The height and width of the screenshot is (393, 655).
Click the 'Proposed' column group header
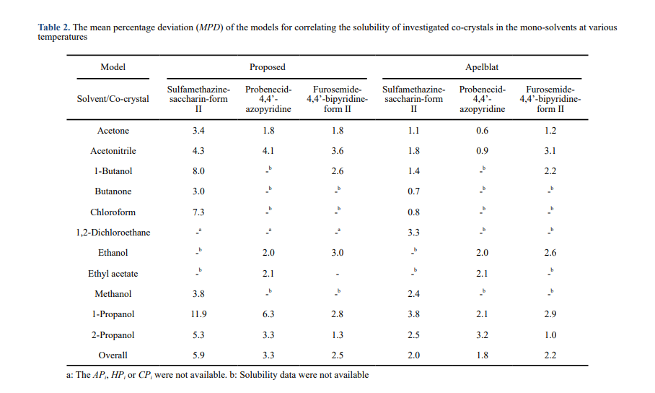(x=267, y=67)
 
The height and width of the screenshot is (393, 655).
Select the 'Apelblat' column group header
(x=482, y=67)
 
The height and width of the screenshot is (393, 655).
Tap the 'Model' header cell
(x=113, y=67)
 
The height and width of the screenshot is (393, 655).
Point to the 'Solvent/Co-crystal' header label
(x=113, y=99)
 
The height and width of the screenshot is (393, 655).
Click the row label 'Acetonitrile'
(x=113, y=151)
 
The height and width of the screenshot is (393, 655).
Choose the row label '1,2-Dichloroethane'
(x=113, y=233)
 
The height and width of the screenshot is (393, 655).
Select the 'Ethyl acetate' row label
(x=113, y=274)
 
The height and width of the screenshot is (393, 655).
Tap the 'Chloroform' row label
(x=113, y=212)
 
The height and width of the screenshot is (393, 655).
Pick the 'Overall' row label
(x=113, y=355)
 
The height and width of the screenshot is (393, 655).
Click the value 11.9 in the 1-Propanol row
(x=198, y=315)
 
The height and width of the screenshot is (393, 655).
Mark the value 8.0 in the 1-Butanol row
(x=198, y=171)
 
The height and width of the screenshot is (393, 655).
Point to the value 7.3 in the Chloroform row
(x=198, y=212)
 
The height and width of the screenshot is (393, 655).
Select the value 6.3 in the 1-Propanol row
(x=268, y=315)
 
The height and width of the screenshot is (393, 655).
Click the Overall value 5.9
(x=198, y=355)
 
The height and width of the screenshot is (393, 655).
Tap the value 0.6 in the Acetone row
(x=482, y=131)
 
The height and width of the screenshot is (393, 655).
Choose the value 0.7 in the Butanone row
(x=413, y=191)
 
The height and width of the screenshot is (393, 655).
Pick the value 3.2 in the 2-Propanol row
(x=482, y=335)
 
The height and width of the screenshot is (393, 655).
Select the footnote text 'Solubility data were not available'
(x=304, y=375)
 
